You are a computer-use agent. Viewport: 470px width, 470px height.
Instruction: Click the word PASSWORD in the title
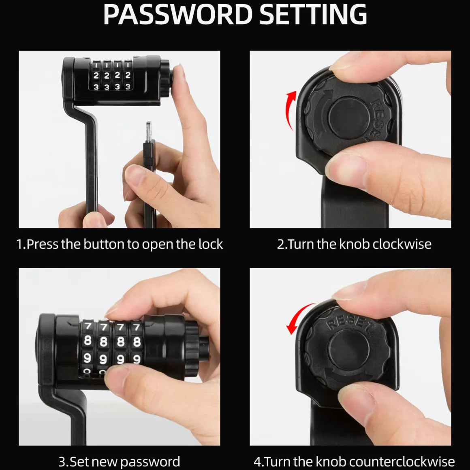click(178, 15)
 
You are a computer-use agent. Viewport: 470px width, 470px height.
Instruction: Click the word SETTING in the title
click(313, 15)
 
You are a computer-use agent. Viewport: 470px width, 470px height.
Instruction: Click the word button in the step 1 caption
click(103, 244)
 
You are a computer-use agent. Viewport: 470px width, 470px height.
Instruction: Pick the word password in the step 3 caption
click(150, 462)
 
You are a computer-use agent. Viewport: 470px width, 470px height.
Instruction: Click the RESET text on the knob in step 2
click(377, 120)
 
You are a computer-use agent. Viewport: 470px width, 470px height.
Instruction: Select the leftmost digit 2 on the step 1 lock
click(96, 75)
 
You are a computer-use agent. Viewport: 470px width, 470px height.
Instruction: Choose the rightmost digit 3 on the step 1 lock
click(128, 87)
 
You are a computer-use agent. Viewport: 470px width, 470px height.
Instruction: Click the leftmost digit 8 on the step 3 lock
click(88, 341)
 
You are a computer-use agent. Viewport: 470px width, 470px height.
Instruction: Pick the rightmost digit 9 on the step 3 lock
click(137, 359)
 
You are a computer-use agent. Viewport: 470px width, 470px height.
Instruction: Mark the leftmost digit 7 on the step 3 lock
click(88, 326)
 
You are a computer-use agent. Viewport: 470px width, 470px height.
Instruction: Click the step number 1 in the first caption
click(20, 244)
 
